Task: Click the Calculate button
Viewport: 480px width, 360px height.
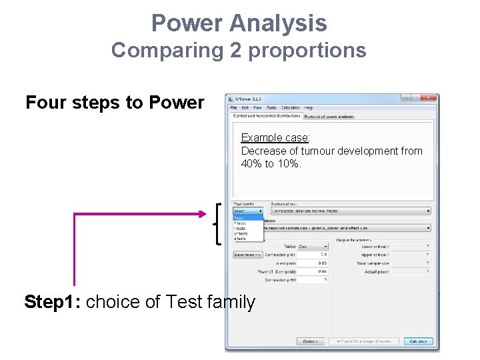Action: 418,341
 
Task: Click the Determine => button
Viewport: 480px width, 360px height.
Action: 248,254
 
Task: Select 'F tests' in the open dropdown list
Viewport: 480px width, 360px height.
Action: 240,223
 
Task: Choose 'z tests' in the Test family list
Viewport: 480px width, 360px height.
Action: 240,238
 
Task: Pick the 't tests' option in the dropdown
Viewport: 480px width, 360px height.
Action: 240,228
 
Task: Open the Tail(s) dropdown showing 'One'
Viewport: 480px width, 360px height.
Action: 312,245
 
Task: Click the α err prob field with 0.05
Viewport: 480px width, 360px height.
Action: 313,263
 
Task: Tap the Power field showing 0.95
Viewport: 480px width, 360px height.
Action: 313,272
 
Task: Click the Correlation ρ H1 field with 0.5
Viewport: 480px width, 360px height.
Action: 313,254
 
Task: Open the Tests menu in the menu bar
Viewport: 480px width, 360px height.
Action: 271,107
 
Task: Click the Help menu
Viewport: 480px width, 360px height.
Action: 308,107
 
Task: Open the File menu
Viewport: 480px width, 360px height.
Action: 233,107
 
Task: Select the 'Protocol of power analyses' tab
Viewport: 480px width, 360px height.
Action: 329,116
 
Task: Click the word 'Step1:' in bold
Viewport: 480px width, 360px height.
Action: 53,302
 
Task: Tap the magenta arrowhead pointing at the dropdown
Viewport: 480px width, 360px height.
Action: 203,213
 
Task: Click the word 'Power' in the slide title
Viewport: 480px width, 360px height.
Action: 187,23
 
